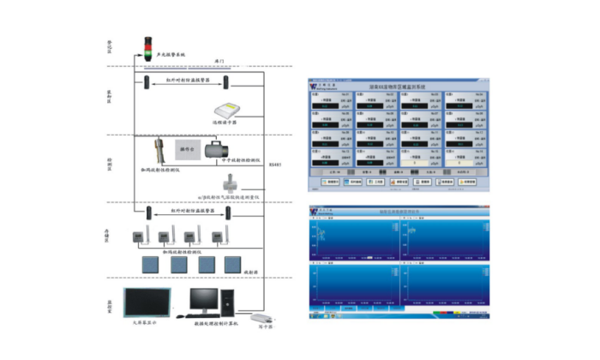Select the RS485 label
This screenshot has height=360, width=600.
(273, 164)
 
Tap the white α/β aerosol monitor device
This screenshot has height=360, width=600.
(230, 184)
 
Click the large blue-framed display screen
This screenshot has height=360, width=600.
(147, 301)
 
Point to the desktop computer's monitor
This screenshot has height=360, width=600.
(205, 298)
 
